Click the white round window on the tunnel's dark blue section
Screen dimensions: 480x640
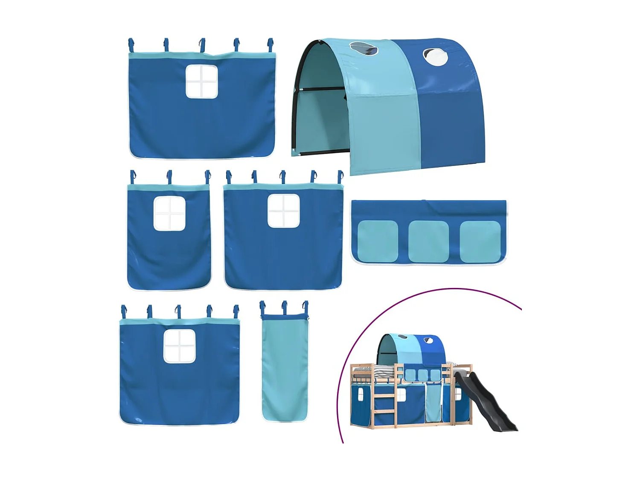[435, 57]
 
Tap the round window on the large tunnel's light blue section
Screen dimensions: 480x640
[364, 49]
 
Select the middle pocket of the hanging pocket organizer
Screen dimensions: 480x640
[428, 241]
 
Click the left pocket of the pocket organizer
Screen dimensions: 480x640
[377, 241]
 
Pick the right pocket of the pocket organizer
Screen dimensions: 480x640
[480, 241]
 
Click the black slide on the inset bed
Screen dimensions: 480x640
[486, 401]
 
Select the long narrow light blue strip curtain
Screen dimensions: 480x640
[285, 367]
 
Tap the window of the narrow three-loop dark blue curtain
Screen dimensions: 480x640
[169, 213]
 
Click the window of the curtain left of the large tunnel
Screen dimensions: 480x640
[201, 81]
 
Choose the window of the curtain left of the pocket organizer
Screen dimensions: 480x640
[283, 211]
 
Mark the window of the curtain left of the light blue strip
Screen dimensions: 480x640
[180, 346]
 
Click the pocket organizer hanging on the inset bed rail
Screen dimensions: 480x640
[422, 374]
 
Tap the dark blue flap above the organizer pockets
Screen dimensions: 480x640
[428, 209]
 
